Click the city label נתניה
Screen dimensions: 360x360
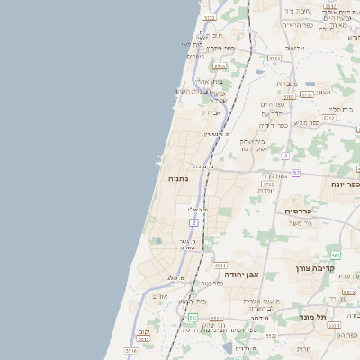tap(176, 179)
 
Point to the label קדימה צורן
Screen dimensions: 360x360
tap(314, 267)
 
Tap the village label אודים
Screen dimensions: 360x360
tap(160, 296)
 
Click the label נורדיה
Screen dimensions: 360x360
tap(265, 190)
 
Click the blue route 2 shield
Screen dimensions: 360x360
tap(193, 221)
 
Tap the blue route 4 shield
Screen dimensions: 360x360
tap(285, 156)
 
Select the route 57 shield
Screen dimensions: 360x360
tap(296, 172)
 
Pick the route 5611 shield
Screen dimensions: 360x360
tap(220, 266)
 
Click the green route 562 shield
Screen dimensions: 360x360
tap(336, 256)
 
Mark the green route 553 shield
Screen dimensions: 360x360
tap(193, 317)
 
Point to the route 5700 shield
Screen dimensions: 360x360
tap(274, 58)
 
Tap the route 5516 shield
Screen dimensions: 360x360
tap(131, 350)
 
